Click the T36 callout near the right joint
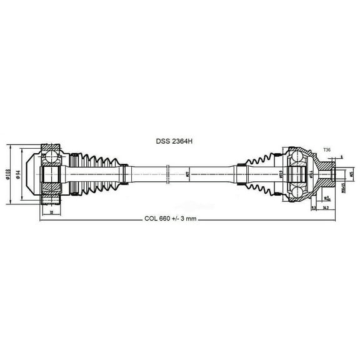327,150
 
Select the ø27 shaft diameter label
188,173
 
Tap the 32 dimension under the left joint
50,212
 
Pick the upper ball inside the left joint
51,152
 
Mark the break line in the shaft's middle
169,173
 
